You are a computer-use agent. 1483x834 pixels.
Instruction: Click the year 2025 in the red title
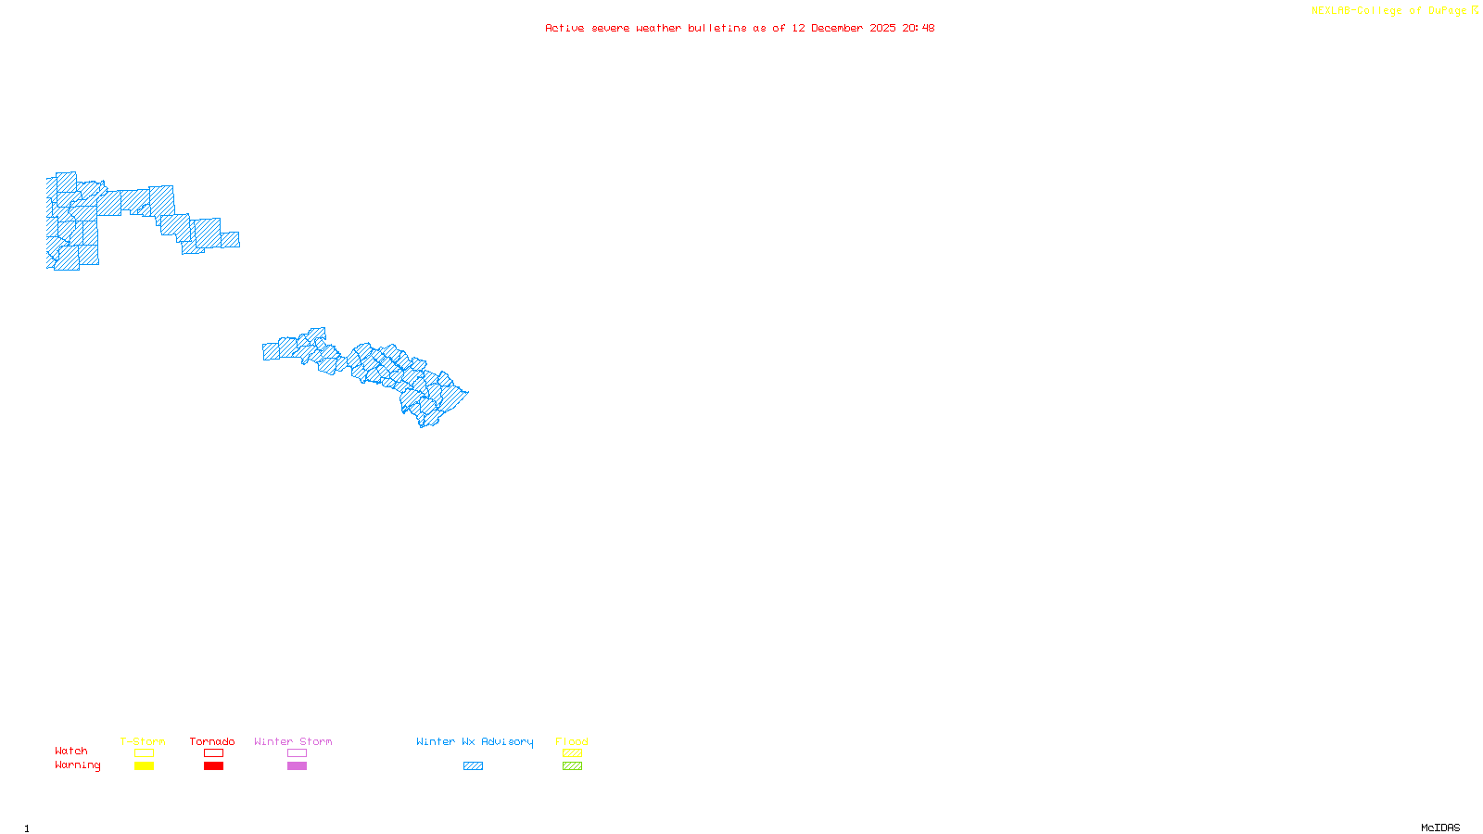point(882,29)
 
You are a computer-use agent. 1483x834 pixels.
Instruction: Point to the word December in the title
point(837,29)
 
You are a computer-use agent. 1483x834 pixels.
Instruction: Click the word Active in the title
point(564,29)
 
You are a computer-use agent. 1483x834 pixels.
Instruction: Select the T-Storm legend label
point(143,741)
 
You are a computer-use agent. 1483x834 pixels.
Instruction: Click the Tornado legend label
point(212,741)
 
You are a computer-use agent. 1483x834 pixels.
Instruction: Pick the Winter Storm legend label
point(293,741)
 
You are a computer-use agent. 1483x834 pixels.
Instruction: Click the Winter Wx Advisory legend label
point(475,741)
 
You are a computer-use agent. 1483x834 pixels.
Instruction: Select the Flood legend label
point(572,741)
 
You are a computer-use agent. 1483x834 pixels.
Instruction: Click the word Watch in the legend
point(71,752)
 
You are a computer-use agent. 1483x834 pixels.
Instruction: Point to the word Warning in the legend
point(78,765)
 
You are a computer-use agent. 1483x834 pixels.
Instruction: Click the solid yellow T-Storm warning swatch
point(144,766)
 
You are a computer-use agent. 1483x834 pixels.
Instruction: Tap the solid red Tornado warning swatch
point(213,766)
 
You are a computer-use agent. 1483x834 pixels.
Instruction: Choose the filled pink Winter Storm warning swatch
point(297,766)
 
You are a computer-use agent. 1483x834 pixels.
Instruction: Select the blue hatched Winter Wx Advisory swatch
point(473,766)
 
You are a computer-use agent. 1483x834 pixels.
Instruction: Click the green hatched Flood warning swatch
point(572,766)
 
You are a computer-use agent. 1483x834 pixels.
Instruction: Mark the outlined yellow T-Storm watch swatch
point(144,753)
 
